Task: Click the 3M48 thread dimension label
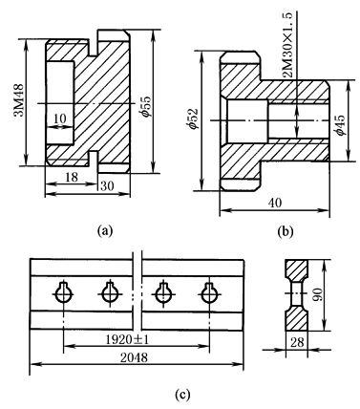[x=18, y=100]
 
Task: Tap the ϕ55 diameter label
[x=146, y=106]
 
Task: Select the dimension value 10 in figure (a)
[x=60, y=118]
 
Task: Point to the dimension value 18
[x=72, y=177]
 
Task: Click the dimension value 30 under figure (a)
[x=107, y=185]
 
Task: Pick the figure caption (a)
[x=105, y=230]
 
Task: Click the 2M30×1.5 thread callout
[x=287, y=46]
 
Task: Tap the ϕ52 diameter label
[x=194, y=118]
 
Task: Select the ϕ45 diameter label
[x=340, y=125]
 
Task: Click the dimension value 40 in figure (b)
[x=274, y=203]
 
